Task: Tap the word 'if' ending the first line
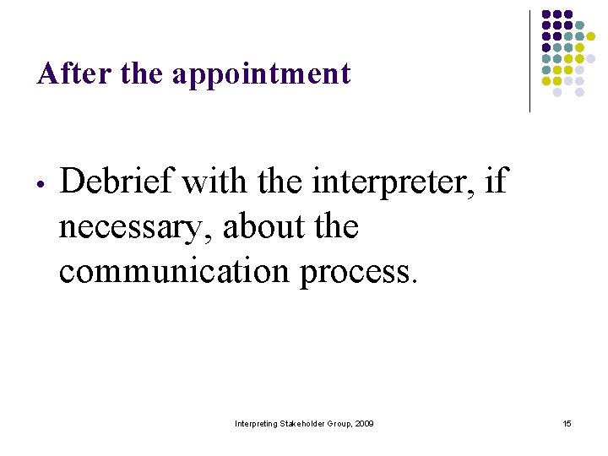tap(498, 180)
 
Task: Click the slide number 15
tap(567, 423)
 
